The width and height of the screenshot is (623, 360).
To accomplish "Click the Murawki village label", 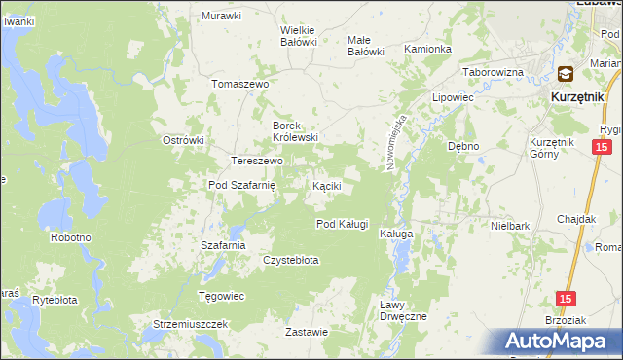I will point(221,16).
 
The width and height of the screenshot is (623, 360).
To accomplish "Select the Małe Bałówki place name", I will point(366,46).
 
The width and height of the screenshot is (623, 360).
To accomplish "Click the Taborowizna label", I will point(493,73).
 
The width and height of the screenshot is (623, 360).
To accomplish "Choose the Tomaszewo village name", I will point(239,85).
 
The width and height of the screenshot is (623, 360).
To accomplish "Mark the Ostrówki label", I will point(183,140).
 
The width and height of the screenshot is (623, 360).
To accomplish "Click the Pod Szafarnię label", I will point(243,185).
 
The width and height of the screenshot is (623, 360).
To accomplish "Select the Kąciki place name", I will point(325,185).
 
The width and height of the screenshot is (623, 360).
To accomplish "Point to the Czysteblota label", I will point(291,260).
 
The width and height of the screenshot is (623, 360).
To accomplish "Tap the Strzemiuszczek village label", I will point(190,323).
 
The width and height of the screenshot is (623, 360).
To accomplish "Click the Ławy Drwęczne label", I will point(402,310).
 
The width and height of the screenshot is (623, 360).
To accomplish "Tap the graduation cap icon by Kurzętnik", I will point(566,74).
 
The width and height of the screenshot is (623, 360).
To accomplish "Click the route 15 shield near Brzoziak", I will point(566,300).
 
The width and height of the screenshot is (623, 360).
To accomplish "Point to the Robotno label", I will point(71,237).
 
